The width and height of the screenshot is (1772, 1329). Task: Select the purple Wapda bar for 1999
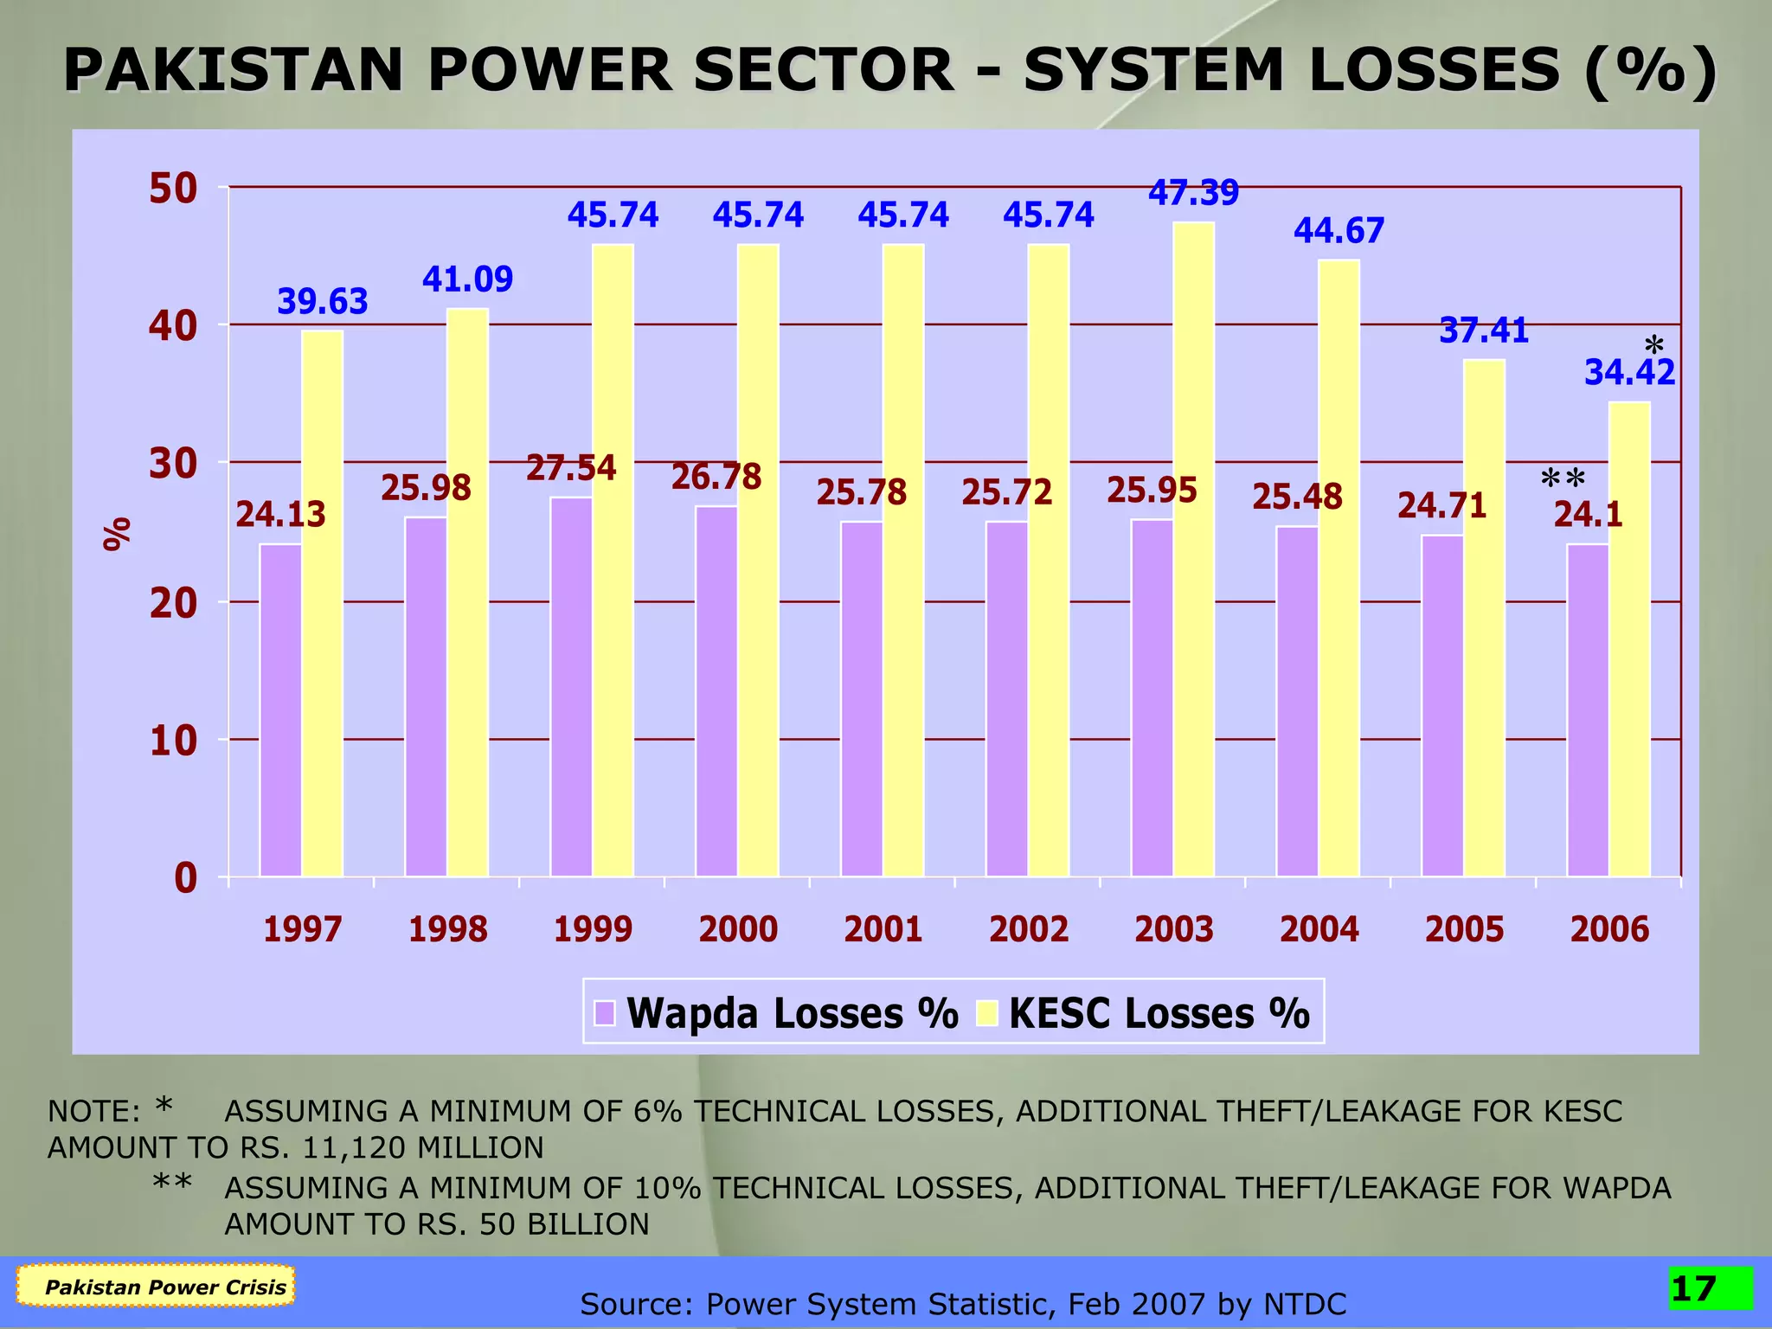tap(571, 688)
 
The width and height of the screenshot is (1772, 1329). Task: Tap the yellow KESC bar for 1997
tap(322, 606)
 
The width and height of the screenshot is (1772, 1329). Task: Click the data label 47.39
tap(1194, 192)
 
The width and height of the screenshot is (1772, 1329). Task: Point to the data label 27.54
tap(571, 468)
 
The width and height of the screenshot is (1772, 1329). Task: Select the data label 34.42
tap(1629, 373)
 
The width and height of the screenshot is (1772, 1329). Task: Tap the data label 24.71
tap(1442, 506)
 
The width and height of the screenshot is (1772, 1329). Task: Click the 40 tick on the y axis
tap(173, 326)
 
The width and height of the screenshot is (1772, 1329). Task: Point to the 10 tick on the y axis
tap(173, 742)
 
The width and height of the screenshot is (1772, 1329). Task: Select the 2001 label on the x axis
tap(883, 930)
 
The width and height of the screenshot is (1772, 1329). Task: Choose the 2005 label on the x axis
tap(1464, 930)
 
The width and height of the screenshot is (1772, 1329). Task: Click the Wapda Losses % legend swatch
tap(605, 1012)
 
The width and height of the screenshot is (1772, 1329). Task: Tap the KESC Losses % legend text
tap(1159, 1013)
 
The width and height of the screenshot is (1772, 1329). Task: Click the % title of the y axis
tap(117, 534)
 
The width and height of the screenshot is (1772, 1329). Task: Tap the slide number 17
tap(1694, 1289)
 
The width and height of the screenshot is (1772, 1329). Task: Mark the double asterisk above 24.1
tap(1563, 478)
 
